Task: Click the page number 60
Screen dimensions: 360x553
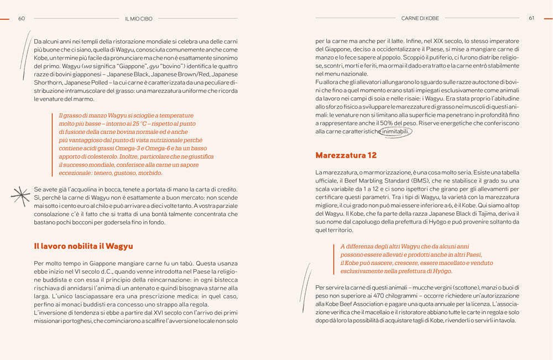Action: coord(22,18)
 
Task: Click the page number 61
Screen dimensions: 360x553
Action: coord(531,18)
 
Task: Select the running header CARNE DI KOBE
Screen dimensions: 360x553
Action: coord(420,18)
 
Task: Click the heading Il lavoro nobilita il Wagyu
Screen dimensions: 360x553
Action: coord(83,246)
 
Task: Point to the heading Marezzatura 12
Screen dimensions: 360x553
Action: coord(346,155)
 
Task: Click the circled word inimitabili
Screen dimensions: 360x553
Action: coord(396,132)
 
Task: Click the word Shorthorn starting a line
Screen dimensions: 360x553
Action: coord(48,82)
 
